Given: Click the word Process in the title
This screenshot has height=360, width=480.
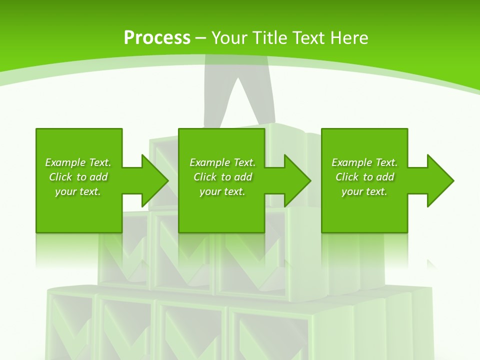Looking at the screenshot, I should pos(157,38).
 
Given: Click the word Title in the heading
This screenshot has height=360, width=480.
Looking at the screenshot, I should pos(270,38).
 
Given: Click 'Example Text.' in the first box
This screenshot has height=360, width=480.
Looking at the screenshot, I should pos(78,162).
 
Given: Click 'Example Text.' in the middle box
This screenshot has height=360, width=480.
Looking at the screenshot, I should pos(222,162).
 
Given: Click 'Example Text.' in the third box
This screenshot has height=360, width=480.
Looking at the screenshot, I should pos(364,162).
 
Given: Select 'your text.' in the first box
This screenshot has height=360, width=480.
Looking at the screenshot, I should pos(78,191).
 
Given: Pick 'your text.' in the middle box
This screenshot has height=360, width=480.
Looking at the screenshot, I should pos(222,191).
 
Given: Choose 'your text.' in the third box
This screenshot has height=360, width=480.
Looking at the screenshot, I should pos(364,191).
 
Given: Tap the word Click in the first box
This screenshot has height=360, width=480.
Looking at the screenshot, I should pos(60,177).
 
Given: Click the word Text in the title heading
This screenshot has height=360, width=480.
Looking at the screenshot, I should pos(307,38).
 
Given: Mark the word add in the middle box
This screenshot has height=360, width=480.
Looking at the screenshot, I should pos(243,177).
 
